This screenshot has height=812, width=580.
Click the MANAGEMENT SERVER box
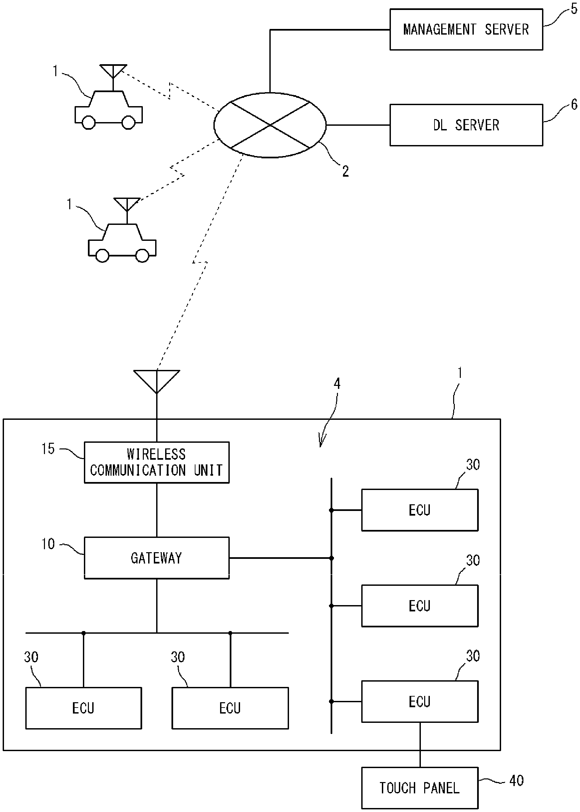pyautogui.click(x=466, y=30)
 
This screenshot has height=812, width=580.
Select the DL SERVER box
pyautogui.click(x=466, y=125)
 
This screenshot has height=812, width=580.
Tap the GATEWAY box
pyautogui.click(x=156, y=558)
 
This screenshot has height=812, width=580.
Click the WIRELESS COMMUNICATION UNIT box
pyautogui.click(x=156, y=462)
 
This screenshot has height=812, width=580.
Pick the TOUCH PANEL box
pyautogui.click(x=420, y=788)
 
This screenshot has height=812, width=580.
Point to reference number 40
pyautogui.click(x=516, y=781)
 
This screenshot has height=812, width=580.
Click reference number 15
pyautogui.click(x=48, y=449)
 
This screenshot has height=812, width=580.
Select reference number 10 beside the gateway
pyautogui.click(x=48, y=544)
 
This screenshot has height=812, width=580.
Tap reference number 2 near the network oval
pyautogui.click(x=345, y=172)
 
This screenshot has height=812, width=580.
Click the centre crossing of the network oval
pyautogui.click(x=270, y=125)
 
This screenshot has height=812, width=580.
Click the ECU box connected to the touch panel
pyautogui.click(x=420, y=702)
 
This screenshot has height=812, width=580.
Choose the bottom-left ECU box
pyautogui.click(x=83, y=708)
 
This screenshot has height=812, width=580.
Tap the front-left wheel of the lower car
pyautogui.click(x=103, y=256)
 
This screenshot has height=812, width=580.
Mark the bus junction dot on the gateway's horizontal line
pyautogui.click(x=331, y=558)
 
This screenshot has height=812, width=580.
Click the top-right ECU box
pyautogui.click(x=420, y=510)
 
